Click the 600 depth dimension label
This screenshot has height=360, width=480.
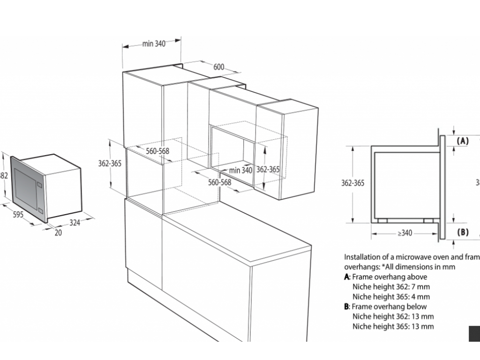(x=218, y=67)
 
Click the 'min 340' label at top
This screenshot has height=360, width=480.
(x=154, y=44)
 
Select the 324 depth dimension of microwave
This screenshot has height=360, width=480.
(x=75, y=223)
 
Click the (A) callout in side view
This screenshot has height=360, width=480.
(x=463, y=140)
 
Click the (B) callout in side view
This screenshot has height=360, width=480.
(x=463, y=232)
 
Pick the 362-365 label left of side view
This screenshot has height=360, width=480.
(x=352, y=183)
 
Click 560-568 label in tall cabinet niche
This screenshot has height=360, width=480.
(x=157, y=151)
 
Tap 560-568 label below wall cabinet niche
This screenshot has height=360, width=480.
(x=219, y=182)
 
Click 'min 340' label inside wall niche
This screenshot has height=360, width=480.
(x=241, y=170)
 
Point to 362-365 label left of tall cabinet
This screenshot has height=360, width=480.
(x=110, y=164)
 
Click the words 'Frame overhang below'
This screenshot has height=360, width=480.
(x=389, y=307)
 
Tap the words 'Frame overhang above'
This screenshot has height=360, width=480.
(x=389, y=277)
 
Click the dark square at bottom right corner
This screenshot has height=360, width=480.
(x=474, y=334)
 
